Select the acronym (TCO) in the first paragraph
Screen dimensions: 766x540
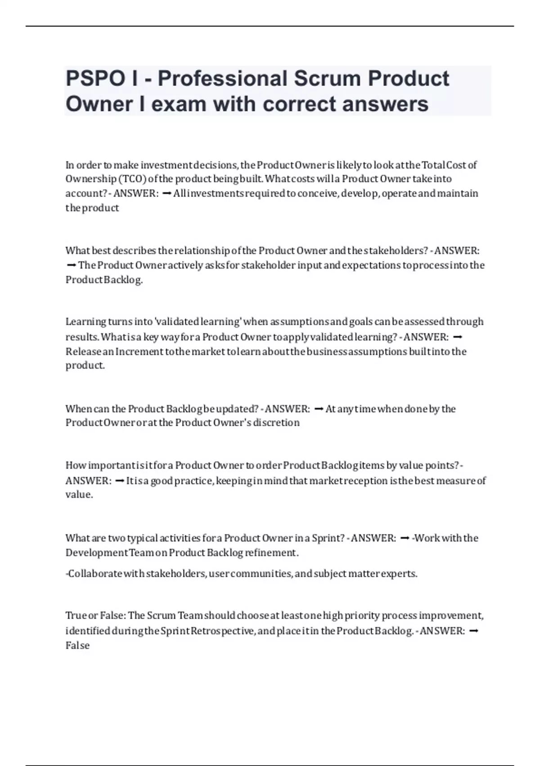(132, 179)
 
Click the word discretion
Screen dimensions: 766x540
(276, 423)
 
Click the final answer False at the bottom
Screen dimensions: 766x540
(77, 645)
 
